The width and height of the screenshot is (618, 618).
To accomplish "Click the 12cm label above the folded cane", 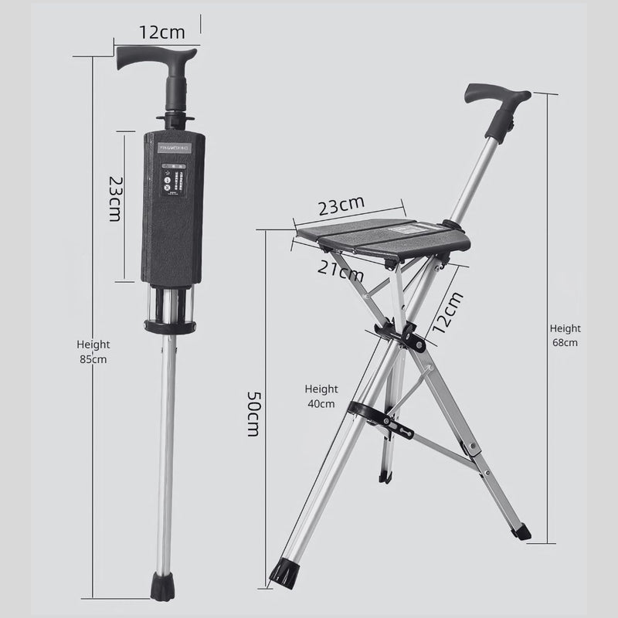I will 162,33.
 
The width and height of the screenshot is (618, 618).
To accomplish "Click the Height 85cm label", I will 93,351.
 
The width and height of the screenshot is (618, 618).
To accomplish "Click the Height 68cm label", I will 565,335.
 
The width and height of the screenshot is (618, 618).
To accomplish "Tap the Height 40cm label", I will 321,396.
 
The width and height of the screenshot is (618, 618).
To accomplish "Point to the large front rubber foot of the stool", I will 280,576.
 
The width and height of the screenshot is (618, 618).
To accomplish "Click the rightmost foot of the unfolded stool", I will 522,531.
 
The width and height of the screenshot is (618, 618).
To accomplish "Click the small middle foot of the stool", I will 384,474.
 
